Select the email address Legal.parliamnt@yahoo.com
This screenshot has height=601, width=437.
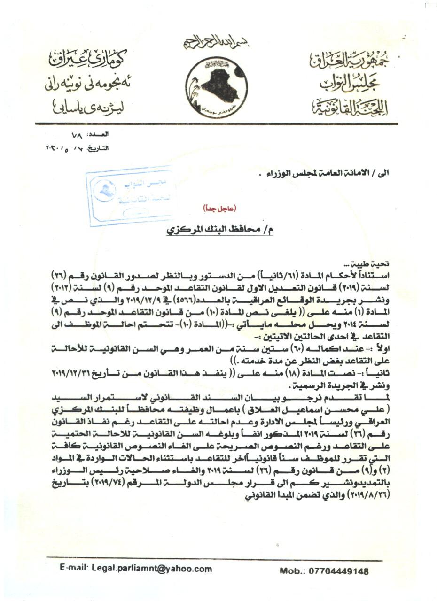pos(152,569)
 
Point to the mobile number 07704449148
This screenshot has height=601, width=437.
pos(338,571)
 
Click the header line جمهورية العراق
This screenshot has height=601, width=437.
pos(348,60)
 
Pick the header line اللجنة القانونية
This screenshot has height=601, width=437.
pos(350,108)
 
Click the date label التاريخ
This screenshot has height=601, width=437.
pos(98,148)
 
